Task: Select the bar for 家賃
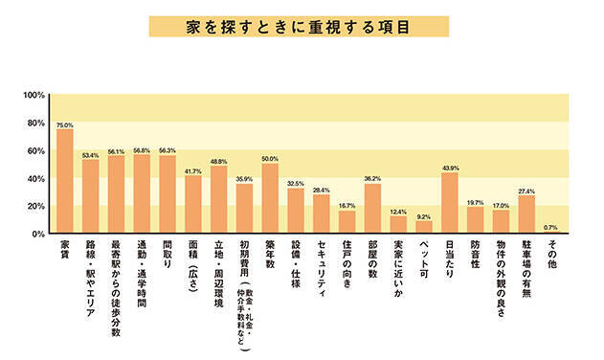tap(65, 182)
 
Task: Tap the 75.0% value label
tap(65, 124)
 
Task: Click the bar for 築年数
tap(270, 199)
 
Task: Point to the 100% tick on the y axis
tap(34, 95)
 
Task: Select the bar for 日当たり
tap(450, 203)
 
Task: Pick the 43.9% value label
tap(450, 168)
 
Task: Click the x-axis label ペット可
tap(424, 258)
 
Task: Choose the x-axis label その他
tap(552, 255)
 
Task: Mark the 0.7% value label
tap(550, 227)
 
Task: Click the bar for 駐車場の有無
tap(526, 214)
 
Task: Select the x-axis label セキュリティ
tap(322, 266)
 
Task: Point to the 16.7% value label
tap(347, 205)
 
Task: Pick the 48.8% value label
tap(219, 161)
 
